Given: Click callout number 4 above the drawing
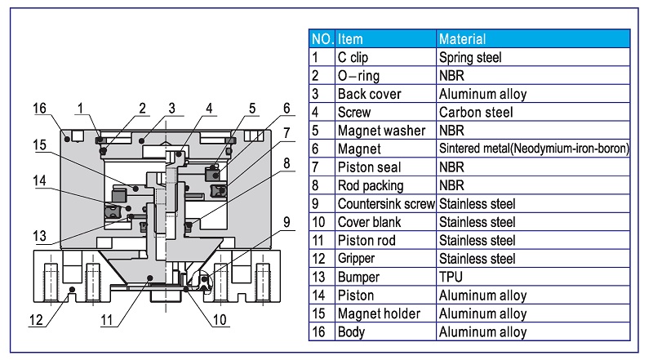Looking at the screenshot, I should (210, 108).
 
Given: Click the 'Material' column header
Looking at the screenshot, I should (462, 38).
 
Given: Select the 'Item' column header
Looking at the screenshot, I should (350, 38).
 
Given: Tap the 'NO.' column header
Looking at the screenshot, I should (322, 38).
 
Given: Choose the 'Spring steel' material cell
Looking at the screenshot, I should (470, 57).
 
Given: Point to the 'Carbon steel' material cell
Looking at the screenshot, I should (475, 112).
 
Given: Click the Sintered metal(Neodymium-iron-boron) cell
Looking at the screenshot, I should (533, 149).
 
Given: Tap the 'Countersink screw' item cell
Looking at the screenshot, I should (386, 203).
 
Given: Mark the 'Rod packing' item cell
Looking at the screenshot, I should (371, 185).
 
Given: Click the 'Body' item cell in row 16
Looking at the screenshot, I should (351, 332).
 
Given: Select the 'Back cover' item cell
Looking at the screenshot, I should (369, 94).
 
